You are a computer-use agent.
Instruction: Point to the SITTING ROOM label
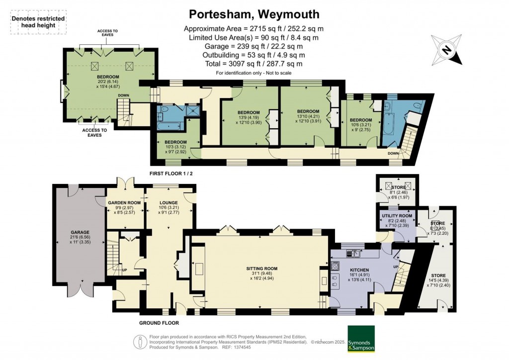[x=261, y=269]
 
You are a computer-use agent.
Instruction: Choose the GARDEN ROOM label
[x=125, y=203]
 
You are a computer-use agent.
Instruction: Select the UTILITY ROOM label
[x=396, y=215]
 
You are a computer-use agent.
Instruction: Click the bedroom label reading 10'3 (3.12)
[x=175, y=142]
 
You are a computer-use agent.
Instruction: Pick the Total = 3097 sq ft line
[x=254, y=64]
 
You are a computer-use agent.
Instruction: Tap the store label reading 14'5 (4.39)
[x=438, y=275]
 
